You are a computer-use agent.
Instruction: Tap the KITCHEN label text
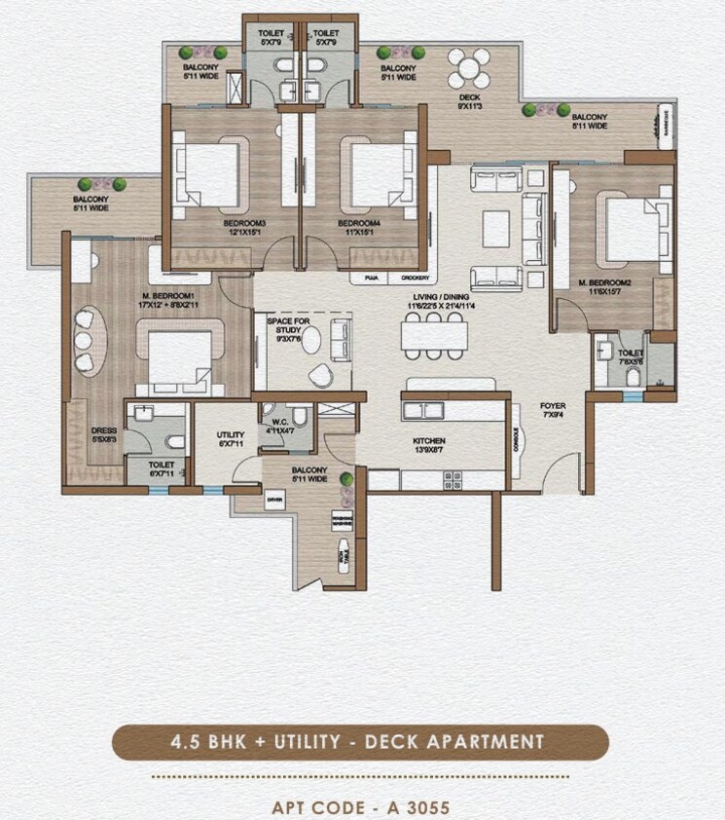click(x=428, y=441)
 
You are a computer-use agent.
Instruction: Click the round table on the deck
click(x=469, y=69)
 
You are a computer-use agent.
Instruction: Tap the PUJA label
click(x=371, y=278)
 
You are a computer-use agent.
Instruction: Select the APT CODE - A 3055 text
click(x=362, y=807)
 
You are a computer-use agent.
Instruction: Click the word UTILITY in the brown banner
click(x=299, y=742)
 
